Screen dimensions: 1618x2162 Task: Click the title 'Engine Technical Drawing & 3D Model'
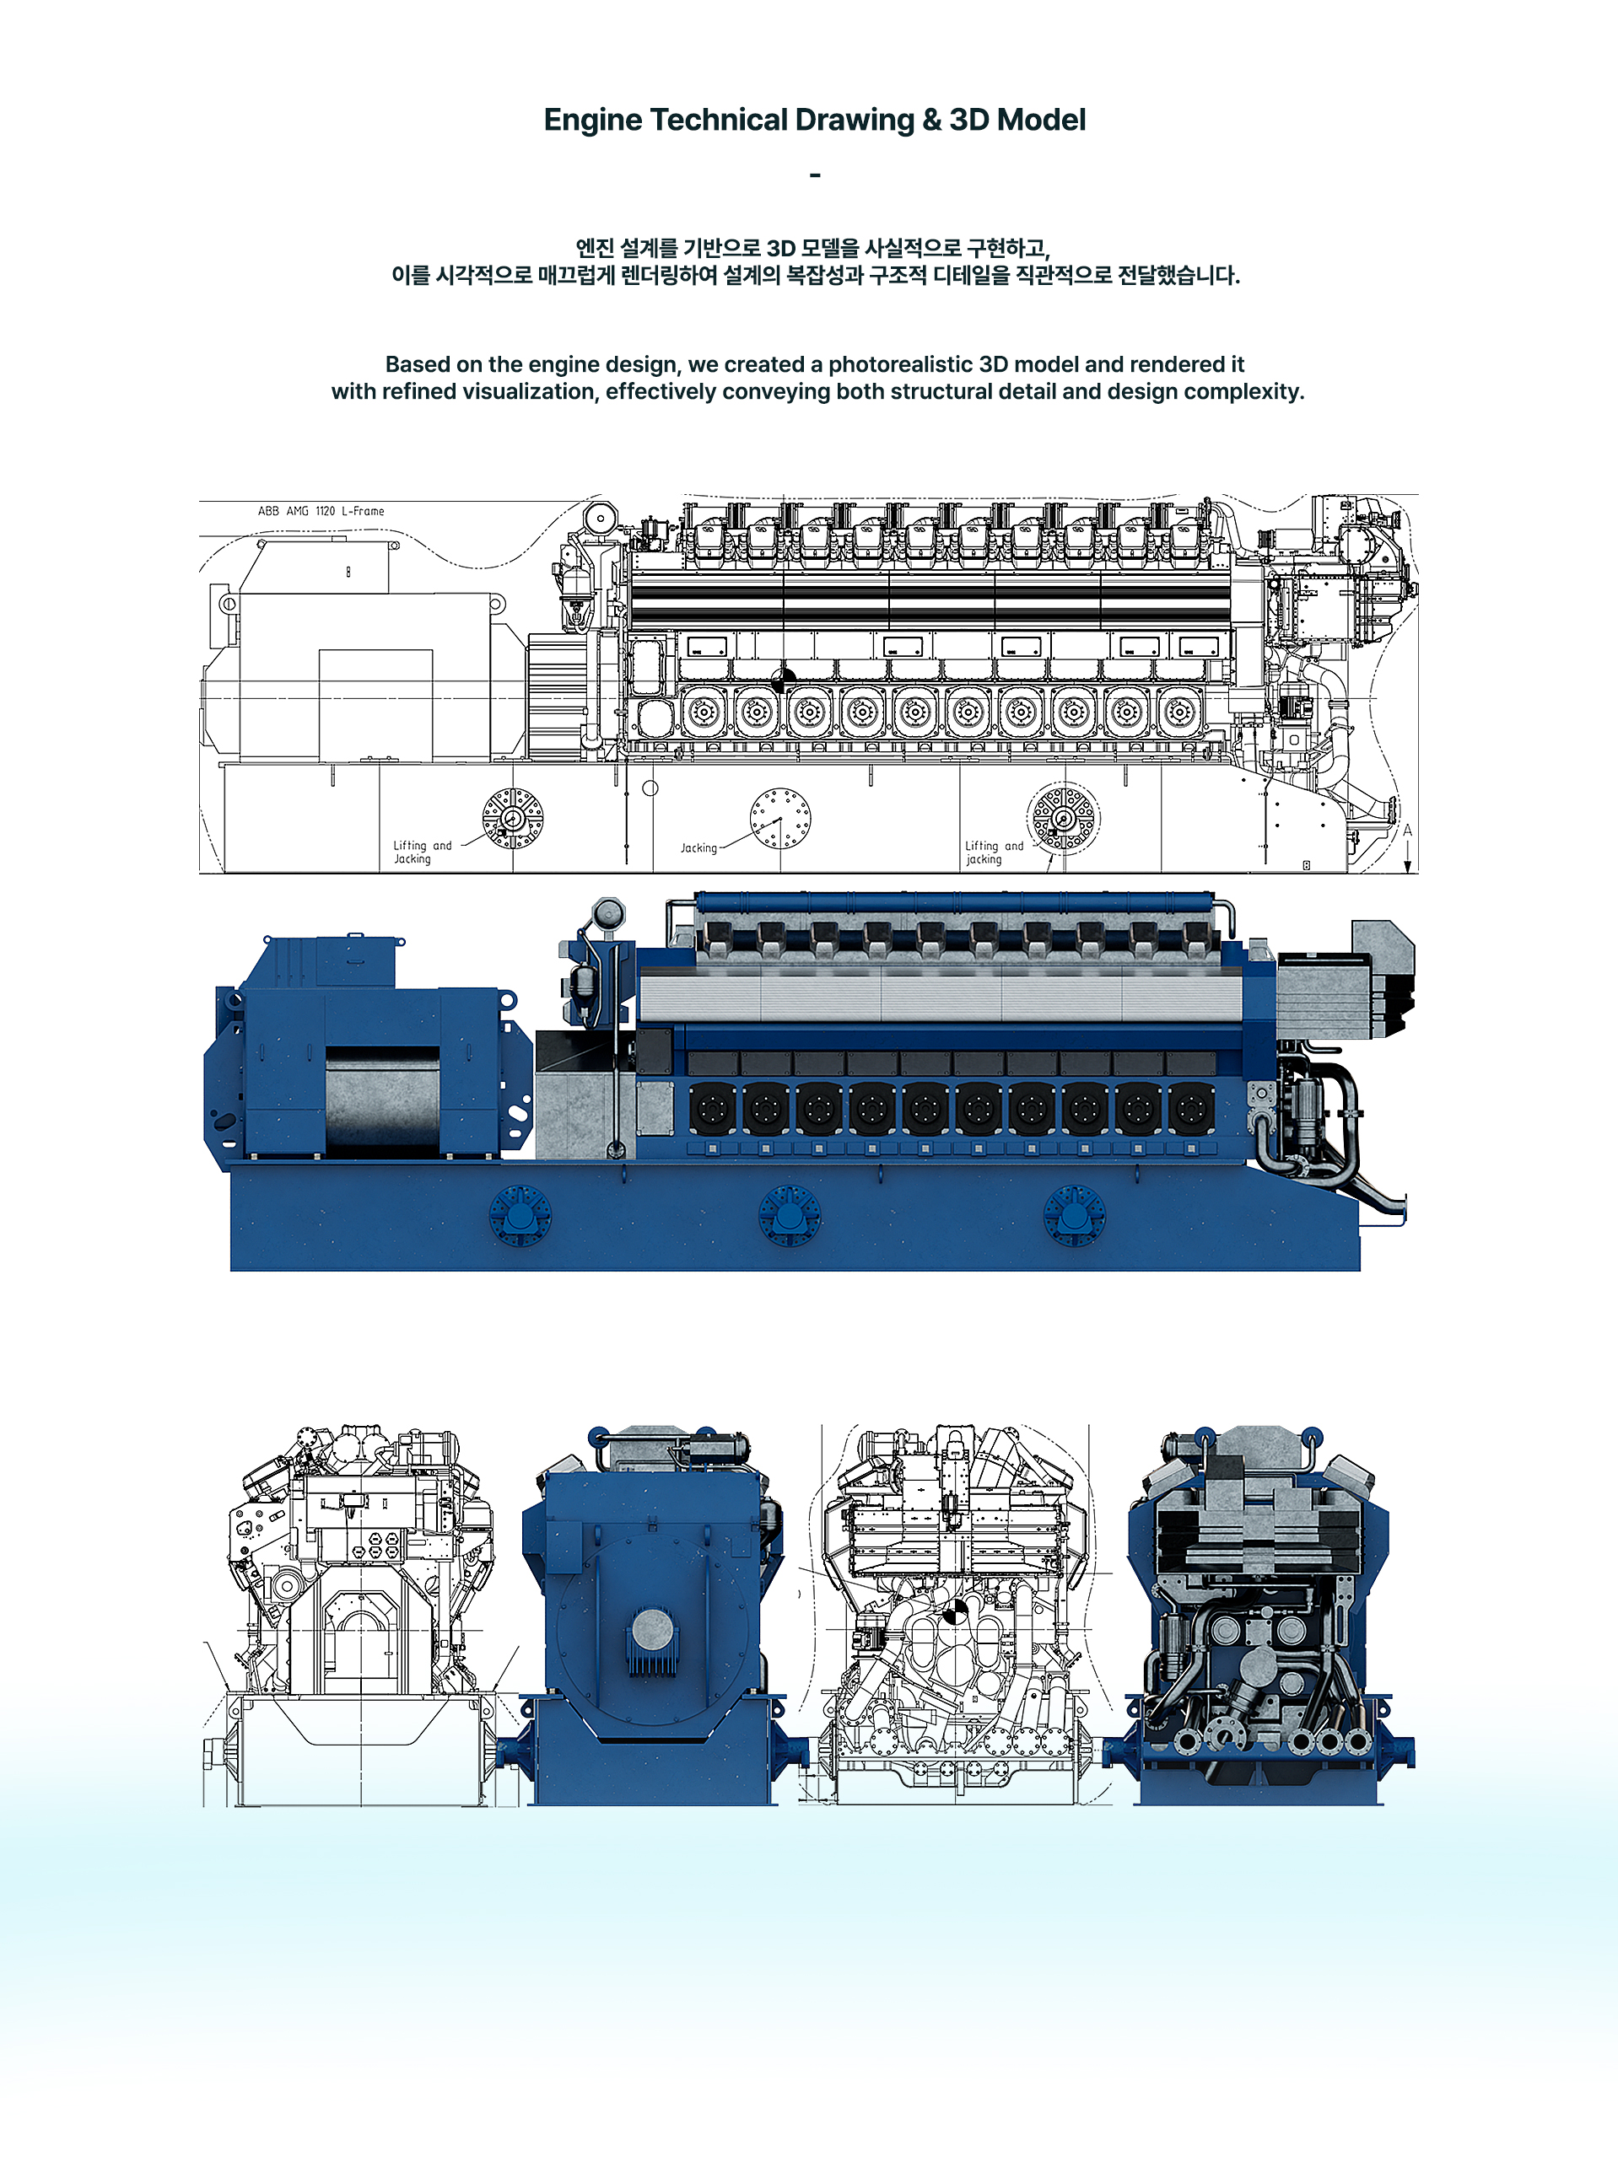[x=814, y=121]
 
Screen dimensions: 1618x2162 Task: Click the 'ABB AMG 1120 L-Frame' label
[x=321, y=511]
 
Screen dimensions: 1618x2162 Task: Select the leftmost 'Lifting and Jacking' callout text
[x=423, y=852]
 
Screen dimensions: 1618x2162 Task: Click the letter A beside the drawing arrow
[x=1407, y=831]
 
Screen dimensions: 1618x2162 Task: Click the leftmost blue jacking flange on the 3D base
[x=519, y=1214]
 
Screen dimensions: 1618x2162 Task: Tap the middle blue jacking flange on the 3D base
[x=789, y=1214]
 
